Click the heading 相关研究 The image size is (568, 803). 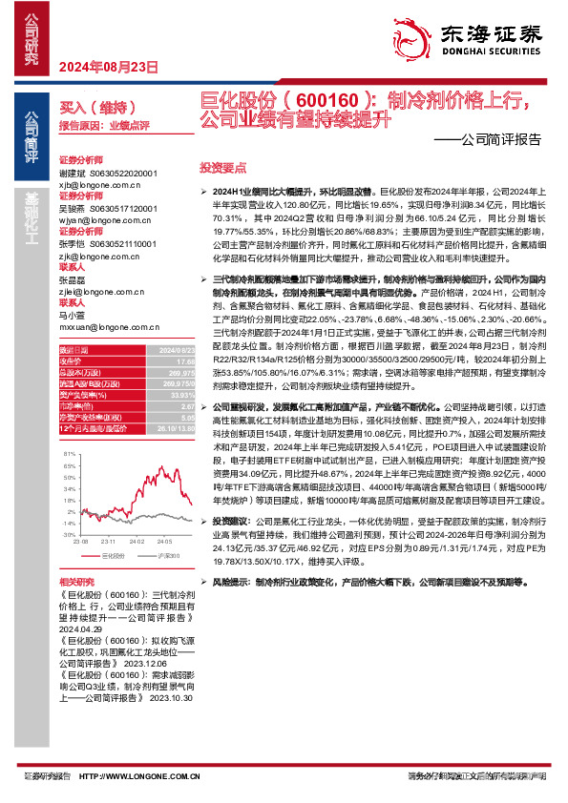(x=77, y=581)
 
